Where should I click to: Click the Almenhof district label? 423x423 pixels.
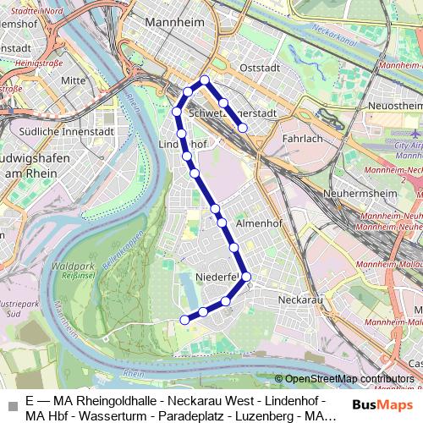point(257,222)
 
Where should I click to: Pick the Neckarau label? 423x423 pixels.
point(300,299)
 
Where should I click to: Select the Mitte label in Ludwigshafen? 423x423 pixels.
point(74,80)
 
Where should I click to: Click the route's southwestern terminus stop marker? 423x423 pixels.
point(184,319)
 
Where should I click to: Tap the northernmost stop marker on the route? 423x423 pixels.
point(204,80)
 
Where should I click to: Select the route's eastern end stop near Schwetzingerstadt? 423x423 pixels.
point(243,129)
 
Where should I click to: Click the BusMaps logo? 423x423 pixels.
point(380,404)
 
